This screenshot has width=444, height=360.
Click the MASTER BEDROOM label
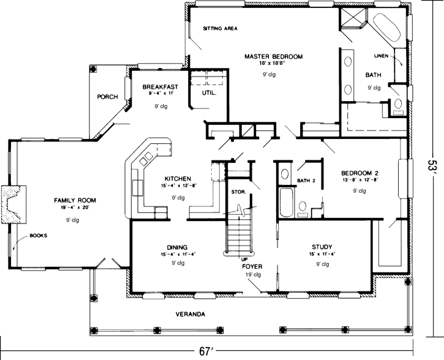[274, 56]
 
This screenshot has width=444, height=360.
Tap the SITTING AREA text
[220, 29]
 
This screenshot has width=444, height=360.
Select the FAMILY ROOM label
[75, 200]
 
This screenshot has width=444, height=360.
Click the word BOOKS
[39, 235]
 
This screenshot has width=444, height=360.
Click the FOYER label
[252, 266]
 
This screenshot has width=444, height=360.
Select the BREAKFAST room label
[160, 88]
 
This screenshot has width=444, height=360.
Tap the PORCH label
[107, 97]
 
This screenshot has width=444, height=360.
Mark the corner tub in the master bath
[386, 28]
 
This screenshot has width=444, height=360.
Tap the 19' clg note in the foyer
[252, 275]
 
